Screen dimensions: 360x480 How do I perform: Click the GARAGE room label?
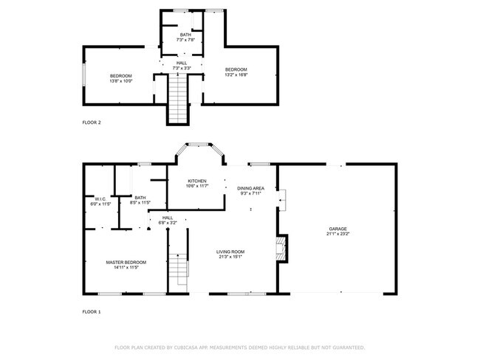tap(337, 229)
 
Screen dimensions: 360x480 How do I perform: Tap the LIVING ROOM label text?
tap(230, 252)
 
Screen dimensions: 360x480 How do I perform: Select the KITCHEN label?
tap(196, 181)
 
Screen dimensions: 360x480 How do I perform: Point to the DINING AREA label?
tap(251, 189)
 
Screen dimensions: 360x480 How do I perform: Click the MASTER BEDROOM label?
tap(126, 262)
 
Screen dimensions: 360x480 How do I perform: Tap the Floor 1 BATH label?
tap(140, 197)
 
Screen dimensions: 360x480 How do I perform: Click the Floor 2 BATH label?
tap(186, 35)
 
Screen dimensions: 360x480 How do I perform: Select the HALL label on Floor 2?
tap(181, 63)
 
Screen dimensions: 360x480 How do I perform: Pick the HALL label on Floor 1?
tap(168, 217)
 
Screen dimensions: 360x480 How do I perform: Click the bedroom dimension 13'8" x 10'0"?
tap(121, 82)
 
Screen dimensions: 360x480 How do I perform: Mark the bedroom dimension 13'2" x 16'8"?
tap(236, 75)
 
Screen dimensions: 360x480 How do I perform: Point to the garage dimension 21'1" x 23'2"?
tap(337, 234)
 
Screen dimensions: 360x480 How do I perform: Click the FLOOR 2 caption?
tap(92, 122)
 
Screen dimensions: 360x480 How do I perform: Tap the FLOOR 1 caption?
tap(92, 312)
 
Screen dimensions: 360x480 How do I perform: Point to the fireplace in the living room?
tap(280, 249)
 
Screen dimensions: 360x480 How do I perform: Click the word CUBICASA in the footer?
tap(191, 347)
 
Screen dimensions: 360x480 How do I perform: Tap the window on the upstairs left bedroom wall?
tap(83, 76)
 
